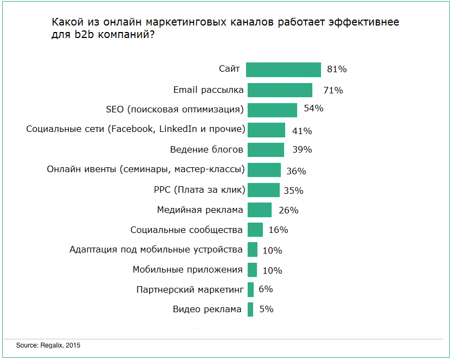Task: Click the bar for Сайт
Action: coord(284,70)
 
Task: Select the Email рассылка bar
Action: coord(280,90)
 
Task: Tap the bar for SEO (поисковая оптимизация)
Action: coord(272,110)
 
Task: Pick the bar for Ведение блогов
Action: coord(266,150)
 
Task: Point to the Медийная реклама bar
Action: coord(259,210)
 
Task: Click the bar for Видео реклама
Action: coord(250,310)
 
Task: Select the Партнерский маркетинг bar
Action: coord(250,290)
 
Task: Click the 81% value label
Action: coord(337,70)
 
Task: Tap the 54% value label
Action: coord(313,109)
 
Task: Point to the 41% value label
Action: coord(301,131)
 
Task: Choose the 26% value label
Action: coord(288,210)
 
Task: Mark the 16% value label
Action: coord(278,230)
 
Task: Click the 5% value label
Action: coord(266,309)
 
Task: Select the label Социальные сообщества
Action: coord(186,230)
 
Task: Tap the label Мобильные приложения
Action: coord(187,269)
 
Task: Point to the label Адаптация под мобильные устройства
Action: coord(156,250)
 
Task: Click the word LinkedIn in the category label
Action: coord(175,129)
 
